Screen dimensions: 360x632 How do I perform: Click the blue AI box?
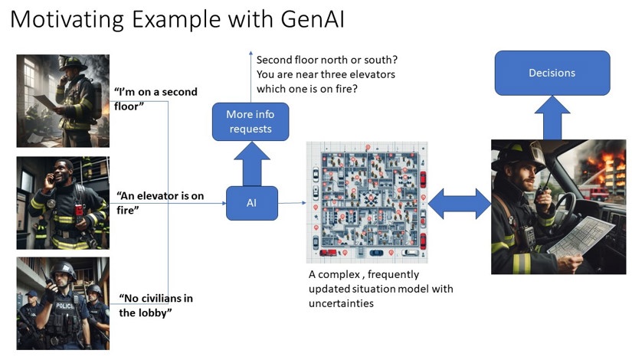point(251,203)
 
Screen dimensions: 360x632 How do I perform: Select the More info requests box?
point(251,122)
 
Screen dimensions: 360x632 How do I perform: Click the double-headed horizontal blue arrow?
point(459,204)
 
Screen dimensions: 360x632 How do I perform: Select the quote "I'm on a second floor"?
point(156,98)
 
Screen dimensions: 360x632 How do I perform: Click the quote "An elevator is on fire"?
point(160,202)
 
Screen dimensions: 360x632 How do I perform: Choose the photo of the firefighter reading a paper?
point(63,100)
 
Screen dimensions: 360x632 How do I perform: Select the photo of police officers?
point(63,303)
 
